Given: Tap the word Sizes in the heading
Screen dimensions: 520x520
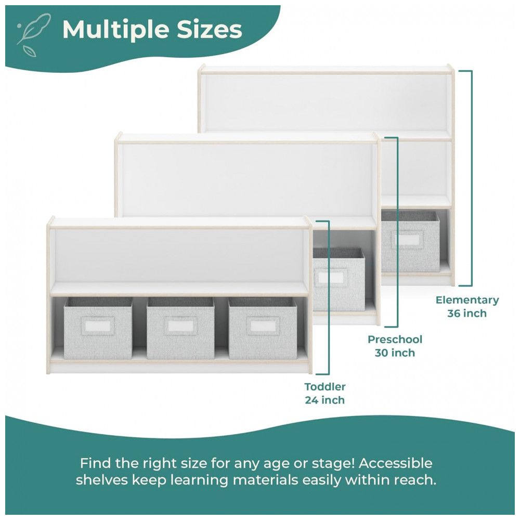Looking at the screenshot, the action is (209, 30).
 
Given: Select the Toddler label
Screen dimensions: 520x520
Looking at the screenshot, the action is (325, 387).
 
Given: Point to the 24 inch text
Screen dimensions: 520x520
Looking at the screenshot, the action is (324, 400).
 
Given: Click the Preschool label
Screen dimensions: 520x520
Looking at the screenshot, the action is (395, 340).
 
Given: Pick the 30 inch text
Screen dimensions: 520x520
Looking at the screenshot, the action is (395, 353).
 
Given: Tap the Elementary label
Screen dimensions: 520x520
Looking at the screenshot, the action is (467, 300).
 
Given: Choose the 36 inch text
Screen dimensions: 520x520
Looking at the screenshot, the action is (467, 314).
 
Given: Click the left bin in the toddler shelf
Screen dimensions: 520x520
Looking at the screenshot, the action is (98, 328).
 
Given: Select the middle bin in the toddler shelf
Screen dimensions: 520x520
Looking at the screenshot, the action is (180, 328).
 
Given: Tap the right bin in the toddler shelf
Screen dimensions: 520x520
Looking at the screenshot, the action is (263, 328).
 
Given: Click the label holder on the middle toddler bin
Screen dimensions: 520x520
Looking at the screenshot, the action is (180, 326).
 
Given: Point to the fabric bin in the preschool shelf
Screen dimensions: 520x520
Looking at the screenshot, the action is (339, 279).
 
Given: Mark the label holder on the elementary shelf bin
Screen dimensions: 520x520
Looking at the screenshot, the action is (407, 239).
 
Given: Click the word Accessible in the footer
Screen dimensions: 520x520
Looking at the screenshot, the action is (395, 463).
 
